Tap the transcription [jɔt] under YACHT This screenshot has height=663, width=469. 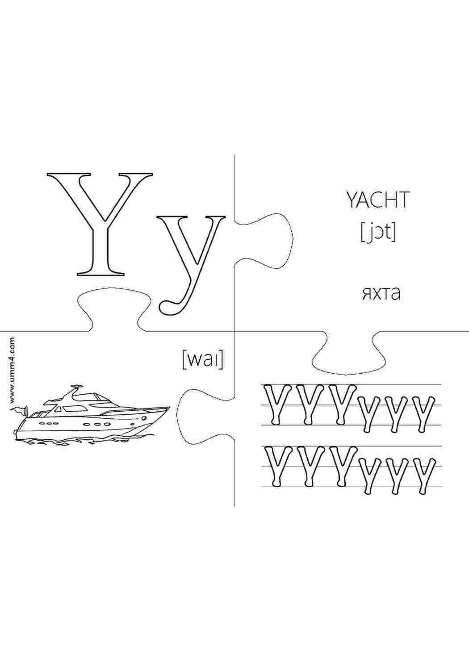(378, 233)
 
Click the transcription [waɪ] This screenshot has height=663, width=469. (202, 360)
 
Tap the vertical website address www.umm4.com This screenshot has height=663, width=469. (12, 370)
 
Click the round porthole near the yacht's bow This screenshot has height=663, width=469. (144, 418)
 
